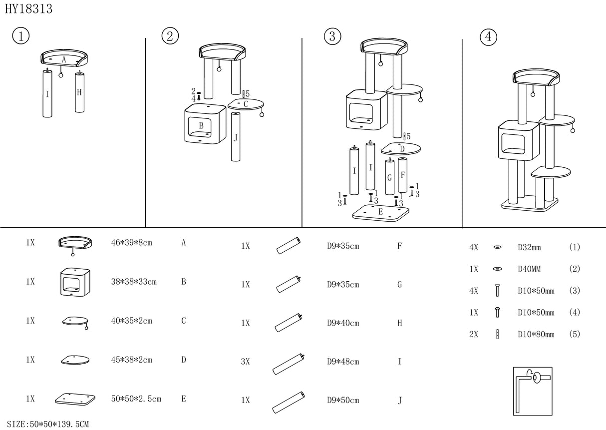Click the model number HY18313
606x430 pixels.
coord(28,9)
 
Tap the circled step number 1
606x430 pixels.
coord(20,36)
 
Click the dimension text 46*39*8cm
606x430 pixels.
coord(131,243)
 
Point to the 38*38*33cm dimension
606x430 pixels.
coord(134,282)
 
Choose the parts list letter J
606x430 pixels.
coord(400,400)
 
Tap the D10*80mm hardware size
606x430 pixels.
coord(536,335)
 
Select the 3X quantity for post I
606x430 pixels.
coord(245,362)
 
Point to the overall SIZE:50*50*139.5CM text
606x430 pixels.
coord(45,424)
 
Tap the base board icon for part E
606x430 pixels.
coord(75,399)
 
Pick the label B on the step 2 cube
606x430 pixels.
coord(201,125)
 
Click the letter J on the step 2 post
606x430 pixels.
coord(236,137)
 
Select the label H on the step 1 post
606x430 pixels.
coord(79,92)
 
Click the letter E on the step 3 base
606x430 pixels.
coord(380,212)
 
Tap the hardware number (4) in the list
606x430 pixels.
coord(574,313)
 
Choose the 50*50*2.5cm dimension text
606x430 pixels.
coord(136,399)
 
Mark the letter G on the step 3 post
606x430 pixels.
coord(389,178)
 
